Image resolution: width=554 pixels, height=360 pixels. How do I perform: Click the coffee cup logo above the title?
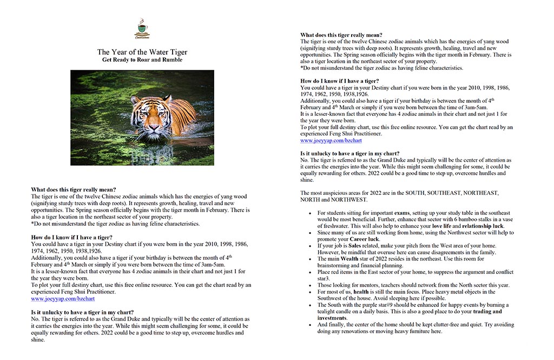pos(142,28)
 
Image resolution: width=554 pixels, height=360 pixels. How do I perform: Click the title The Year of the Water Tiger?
pos(142,52)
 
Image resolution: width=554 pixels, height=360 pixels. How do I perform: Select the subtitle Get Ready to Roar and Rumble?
pos(142,60)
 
